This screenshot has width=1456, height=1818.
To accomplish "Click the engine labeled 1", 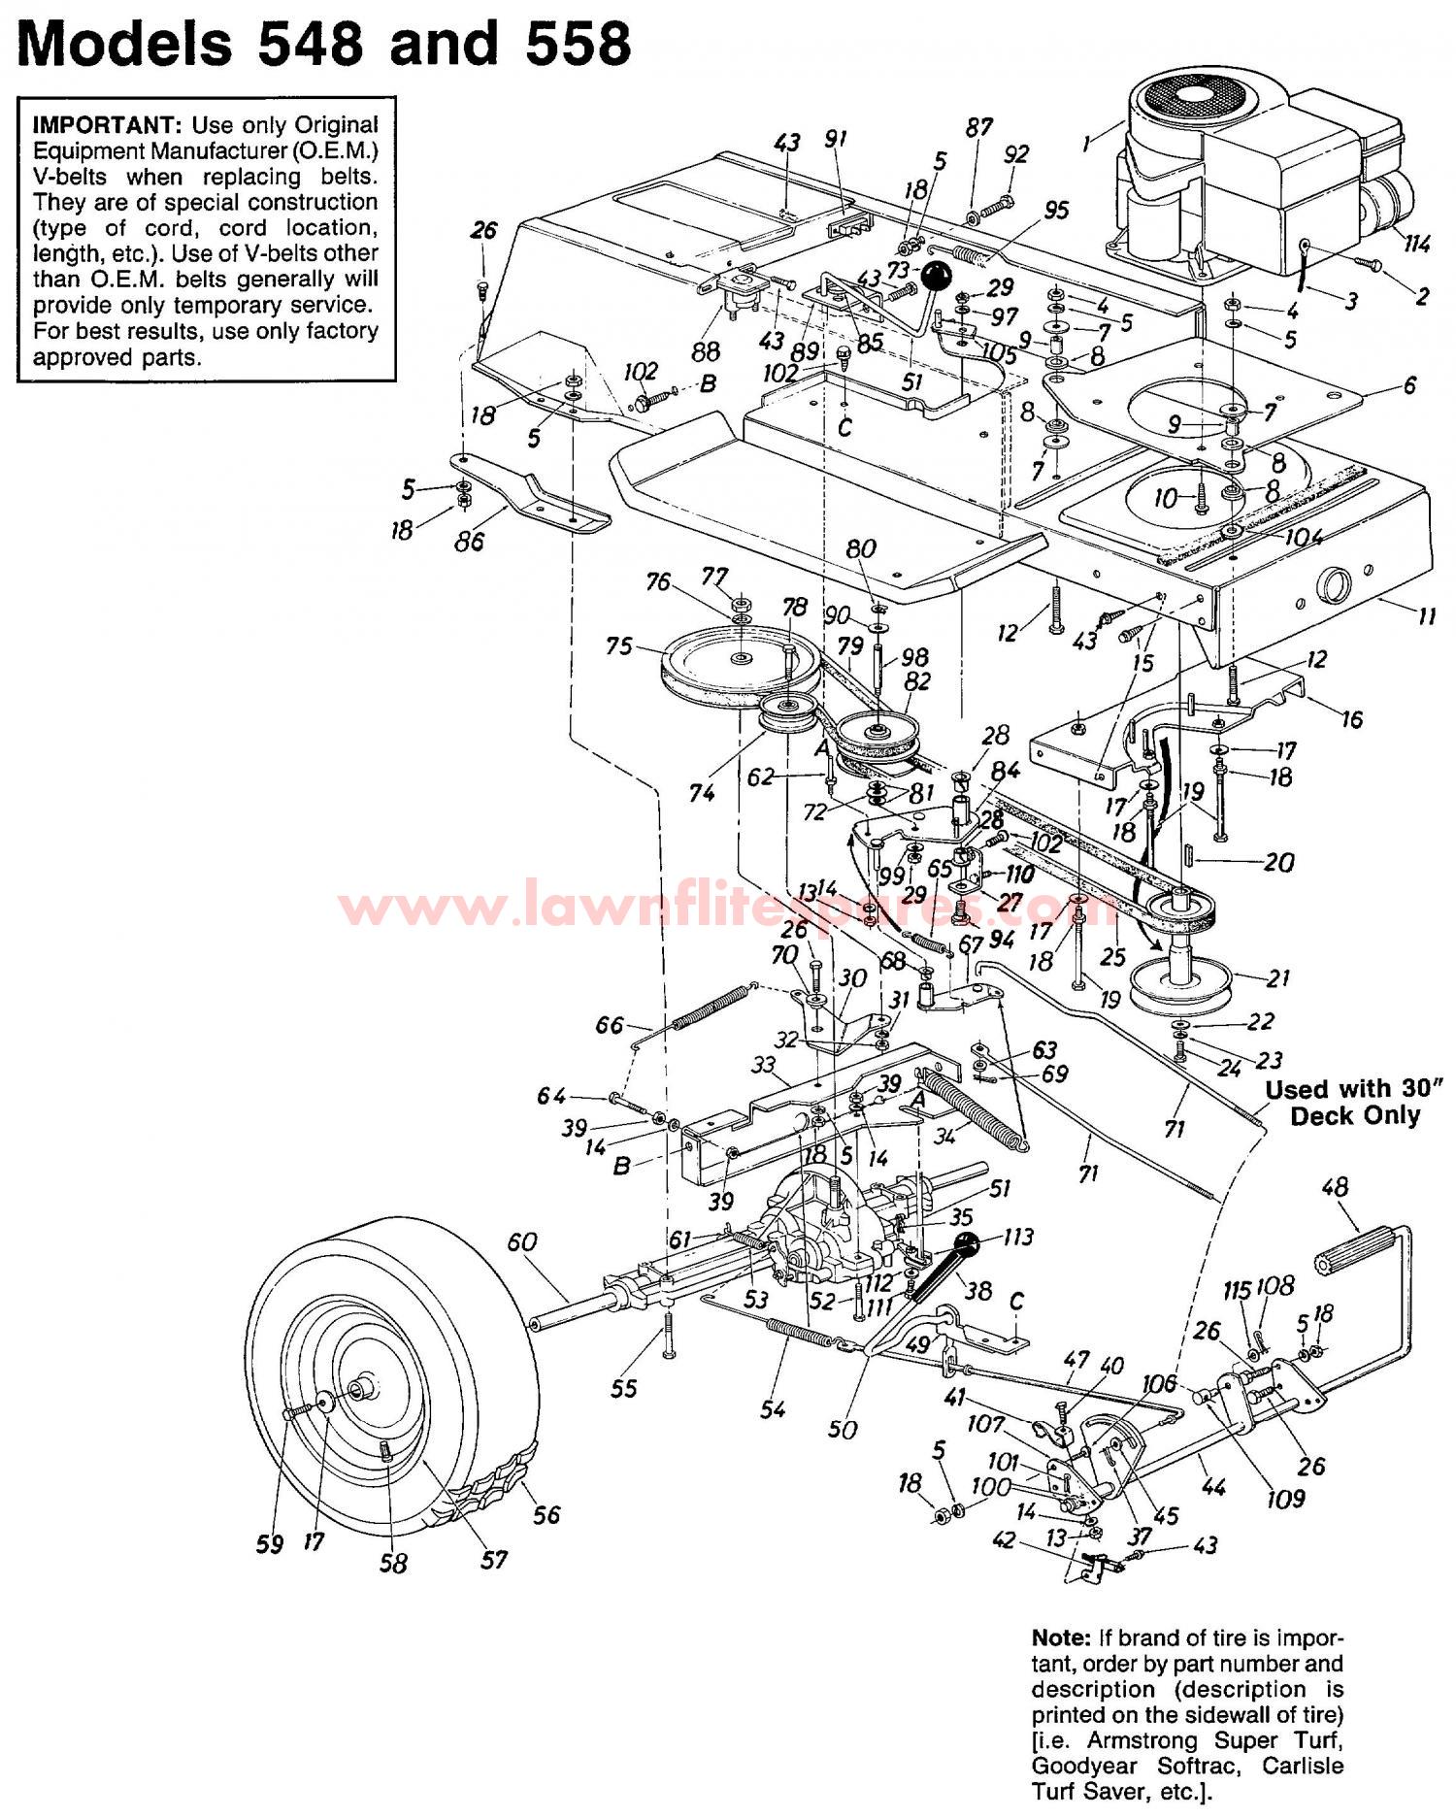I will click(1252, 175).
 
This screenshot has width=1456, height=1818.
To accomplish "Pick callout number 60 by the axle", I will click(521, 1242).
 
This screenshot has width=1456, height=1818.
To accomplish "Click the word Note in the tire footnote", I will click(1062, 1637).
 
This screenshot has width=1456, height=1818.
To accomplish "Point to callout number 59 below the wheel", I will click(270, 1543).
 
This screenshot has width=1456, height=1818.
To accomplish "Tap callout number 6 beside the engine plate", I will click(1409, 385).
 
